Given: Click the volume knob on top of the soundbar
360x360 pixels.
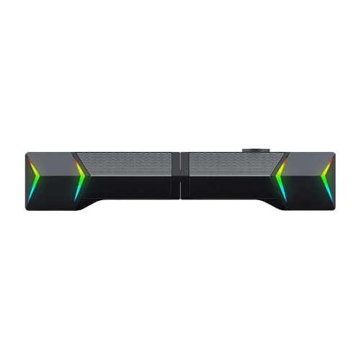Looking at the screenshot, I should [255, 151].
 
